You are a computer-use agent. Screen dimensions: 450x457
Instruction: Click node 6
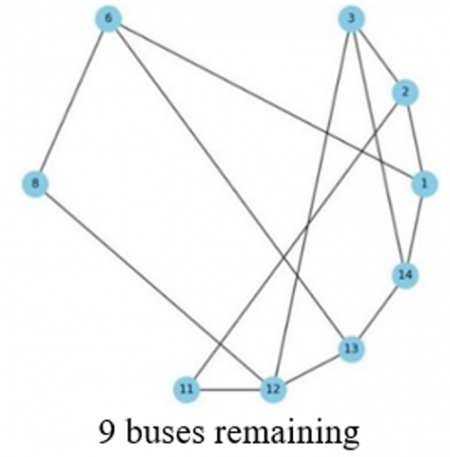(x=108, y=18)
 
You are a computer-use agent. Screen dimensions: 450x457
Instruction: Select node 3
(x=351, y=18)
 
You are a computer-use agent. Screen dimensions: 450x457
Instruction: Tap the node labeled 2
(x=405, y=92)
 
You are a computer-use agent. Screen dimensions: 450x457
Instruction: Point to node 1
(x=424, y=184)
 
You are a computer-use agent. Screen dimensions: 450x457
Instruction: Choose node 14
(x=405, y=275)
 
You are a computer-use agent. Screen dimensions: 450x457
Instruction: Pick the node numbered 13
(x=351, y=348)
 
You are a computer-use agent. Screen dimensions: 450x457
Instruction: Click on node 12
(x=273, y=388)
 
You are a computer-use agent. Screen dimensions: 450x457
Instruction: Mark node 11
(x=186, y=388)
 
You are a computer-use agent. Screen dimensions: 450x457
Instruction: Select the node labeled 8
(x=35, y=184)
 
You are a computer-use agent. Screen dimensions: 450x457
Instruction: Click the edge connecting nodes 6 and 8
(x=72, y=101)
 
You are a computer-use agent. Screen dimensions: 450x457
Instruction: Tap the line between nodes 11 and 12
(x=229, y=388)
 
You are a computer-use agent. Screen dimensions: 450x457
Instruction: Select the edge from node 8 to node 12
(x=154, y=286)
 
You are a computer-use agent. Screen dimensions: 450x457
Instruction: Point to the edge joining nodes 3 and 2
(x=378, y=55)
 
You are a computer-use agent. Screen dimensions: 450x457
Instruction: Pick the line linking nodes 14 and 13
(x=378, y=311)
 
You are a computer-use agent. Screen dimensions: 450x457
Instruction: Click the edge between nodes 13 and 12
(x=312, y=368)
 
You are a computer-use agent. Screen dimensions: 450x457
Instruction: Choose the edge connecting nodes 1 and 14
(x=415, y=229)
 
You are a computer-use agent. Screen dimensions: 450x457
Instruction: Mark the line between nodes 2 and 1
(x=415, y=138)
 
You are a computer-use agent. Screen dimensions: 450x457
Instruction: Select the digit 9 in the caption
(x=107, y=431)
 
